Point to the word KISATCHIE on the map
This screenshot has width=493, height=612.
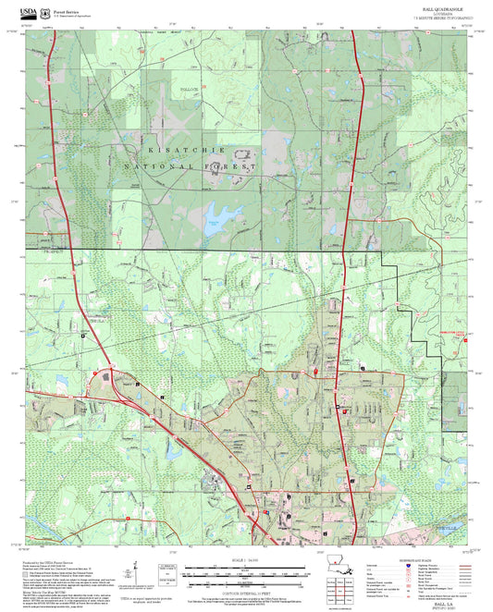tap(185, 149)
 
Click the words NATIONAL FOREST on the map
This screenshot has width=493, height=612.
tap(198, 167)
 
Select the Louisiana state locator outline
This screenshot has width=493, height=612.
tap(337, 561)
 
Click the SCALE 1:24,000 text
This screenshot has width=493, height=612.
tap(245, 559)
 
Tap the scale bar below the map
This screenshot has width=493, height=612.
tap(245, 569)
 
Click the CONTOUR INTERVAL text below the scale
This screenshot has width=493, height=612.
tap(245, 586)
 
